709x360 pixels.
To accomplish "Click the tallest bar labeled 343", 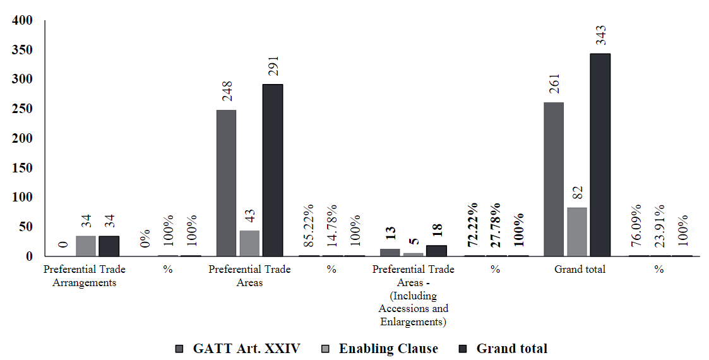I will pos(600,155).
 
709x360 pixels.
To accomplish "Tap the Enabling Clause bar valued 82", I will pos(576,232).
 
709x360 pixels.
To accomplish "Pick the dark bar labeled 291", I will pos(273,170).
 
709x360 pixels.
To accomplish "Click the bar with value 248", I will pos(226,183).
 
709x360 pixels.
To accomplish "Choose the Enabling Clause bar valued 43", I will pos(249,243).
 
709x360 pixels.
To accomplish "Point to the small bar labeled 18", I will pos(436,251).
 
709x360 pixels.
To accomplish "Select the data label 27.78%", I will pos(496,225).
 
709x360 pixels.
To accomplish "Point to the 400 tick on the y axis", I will pos(21,20).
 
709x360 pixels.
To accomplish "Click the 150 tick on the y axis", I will pos(21,168).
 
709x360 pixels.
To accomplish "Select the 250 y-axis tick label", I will pos(21,109).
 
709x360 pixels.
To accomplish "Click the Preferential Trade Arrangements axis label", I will pos(84,276).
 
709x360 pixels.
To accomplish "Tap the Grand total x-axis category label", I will pos(580,270).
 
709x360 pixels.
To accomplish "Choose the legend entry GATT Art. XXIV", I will pos(246,349).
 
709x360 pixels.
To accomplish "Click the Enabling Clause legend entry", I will pos(388,349).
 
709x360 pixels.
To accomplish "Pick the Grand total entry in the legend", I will pos(511,349).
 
